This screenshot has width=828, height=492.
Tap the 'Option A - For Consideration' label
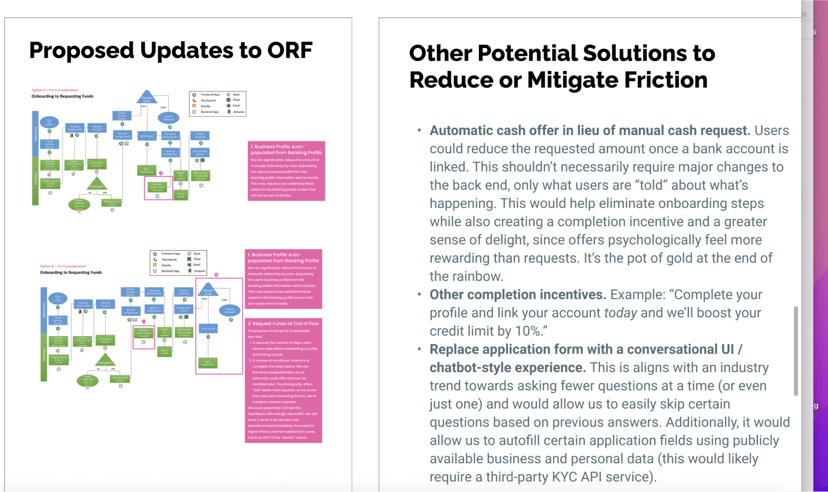(x=55, y=90)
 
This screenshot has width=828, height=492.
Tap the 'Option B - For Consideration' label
(x=63, y=266)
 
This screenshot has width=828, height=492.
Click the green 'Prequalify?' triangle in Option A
(x=97, y=184)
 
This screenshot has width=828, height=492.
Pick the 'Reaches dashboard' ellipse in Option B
(x=230, y=310)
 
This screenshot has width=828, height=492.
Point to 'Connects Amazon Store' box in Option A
(x=75, y=128)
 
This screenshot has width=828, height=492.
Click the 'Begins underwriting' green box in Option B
(x=208, y=363)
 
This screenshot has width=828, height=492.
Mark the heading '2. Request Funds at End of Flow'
(x=283, y=324)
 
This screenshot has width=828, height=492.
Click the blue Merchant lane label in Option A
(x=36, y=133)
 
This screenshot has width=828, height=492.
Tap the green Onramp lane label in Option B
(x=44, y=356)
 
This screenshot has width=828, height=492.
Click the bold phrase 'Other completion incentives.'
(x=518, y=295)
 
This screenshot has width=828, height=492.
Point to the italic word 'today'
(x=620, y=313)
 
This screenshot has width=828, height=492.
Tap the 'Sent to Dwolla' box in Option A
(x=181, y=195)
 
